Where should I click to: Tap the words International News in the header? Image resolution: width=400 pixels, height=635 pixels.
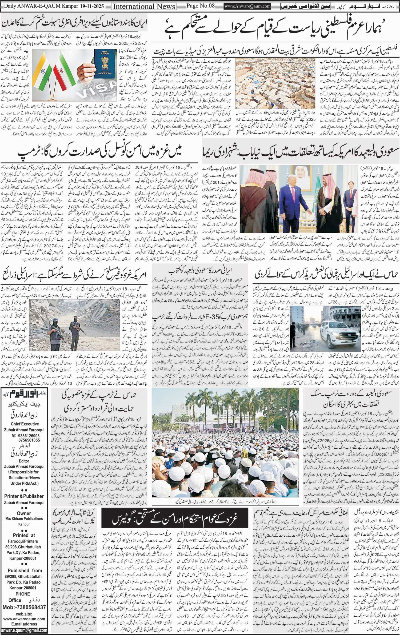[144, 6]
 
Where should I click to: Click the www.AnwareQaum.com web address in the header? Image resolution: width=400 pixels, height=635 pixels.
[247, 6]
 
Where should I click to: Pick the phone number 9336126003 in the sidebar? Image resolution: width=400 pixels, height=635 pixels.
[23, 436]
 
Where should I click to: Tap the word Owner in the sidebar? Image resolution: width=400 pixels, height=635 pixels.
[24, 513]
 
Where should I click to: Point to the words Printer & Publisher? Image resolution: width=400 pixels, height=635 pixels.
[24, 496]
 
